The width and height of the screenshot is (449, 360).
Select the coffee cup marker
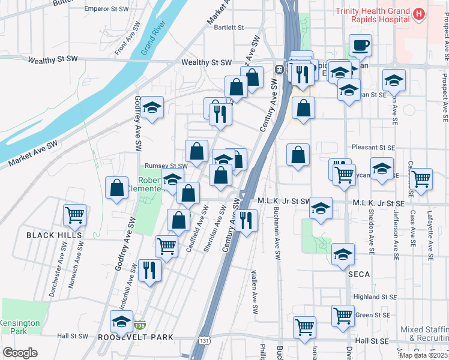(x=360, y=45)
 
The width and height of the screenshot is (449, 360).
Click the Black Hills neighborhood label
(x=54, y=236)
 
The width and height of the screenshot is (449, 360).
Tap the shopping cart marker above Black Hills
(x=75, y=215)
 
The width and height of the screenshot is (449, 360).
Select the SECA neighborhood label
(x=358, y=274)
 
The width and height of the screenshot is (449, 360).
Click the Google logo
(x=20, y=353)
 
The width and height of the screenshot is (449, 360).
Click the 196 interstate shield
(x=140, y=325)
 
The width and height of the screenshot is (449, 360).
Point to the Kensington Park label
(x=20, y=327)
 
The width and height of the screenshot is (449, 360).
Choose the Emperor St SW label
(x=106, y=9)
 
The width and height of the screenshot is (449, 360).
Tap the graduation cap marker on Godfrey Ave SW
(x=152, y=107)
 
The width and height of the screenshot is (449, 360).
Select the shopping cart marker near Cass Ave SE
(x=421, y=178)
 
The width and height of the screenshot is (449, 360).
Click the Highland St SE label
(x=375, y=296)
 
